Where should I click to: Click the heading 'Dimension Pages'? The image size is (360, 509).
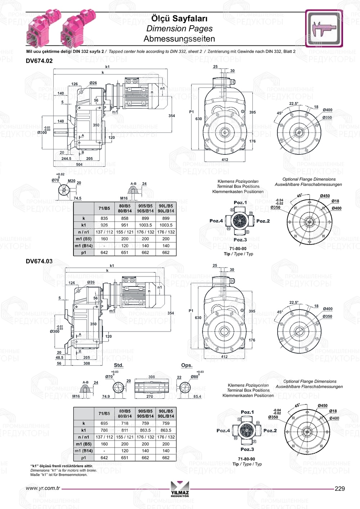(x=179, y=28)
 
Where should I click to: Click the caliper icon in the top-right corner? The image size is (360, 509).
(x=324, y=28)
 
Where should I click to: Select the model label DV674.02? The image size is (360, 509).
(x=39, y=61)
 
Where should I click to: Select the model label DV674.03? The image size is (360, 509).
(x=39, y=261)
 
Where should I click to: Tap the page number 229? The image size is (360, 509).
(x=339, y=488)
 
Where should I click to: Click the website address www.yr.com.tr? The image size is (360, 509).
(x=43, y=488)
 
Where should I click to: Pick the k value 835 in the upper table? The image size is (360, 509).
(x=104, y=218)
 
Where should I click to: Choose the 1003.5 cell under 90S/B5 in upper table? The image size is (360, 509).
(x=145, y=225)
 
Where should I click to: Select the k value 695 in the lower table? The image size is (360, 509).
(x=104, y=423)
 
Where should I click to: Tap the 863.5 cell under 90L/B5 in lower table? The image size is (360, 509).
(x=166, y=430)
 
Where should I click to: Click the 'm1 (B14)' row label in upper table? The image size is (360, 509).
(x=84, y=246)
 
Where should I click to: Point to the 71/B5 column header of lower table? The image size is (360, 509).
(x=104, y=414)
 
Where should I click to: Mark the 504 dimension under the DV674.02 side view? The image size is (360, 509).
(x=79, y=165)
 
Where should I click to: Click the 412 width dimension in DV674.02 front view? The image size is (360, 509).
(x=225, y=160)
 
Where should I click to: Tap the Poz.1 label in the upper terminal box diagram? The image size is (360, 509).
(x=240, y=203)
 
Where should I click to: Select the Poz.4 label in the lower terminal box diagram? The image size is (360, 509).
(x=223, y=431)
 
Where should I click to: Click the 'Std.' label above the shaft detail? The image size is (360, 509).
(x=118, y=365)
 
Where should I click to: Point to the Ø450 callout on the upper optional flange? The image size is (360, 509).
(x=325, y=196)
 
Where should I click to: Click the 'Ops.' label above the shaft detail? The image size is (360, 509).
(x=186, y=365)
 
